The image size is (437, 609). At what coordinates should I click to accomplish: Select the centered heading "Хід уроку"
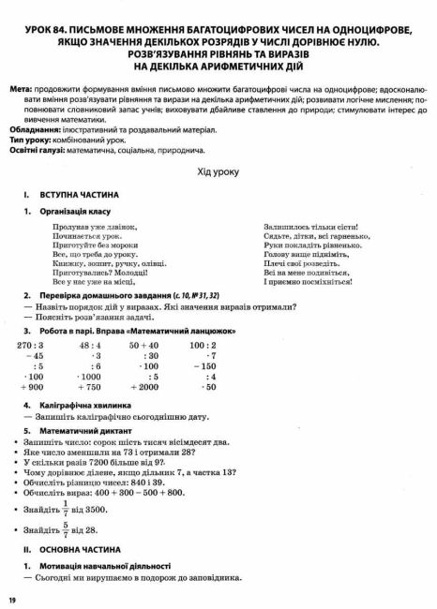pos(218,172)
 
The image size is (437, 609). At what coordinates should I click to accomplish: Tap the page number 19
pos(13,600)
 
